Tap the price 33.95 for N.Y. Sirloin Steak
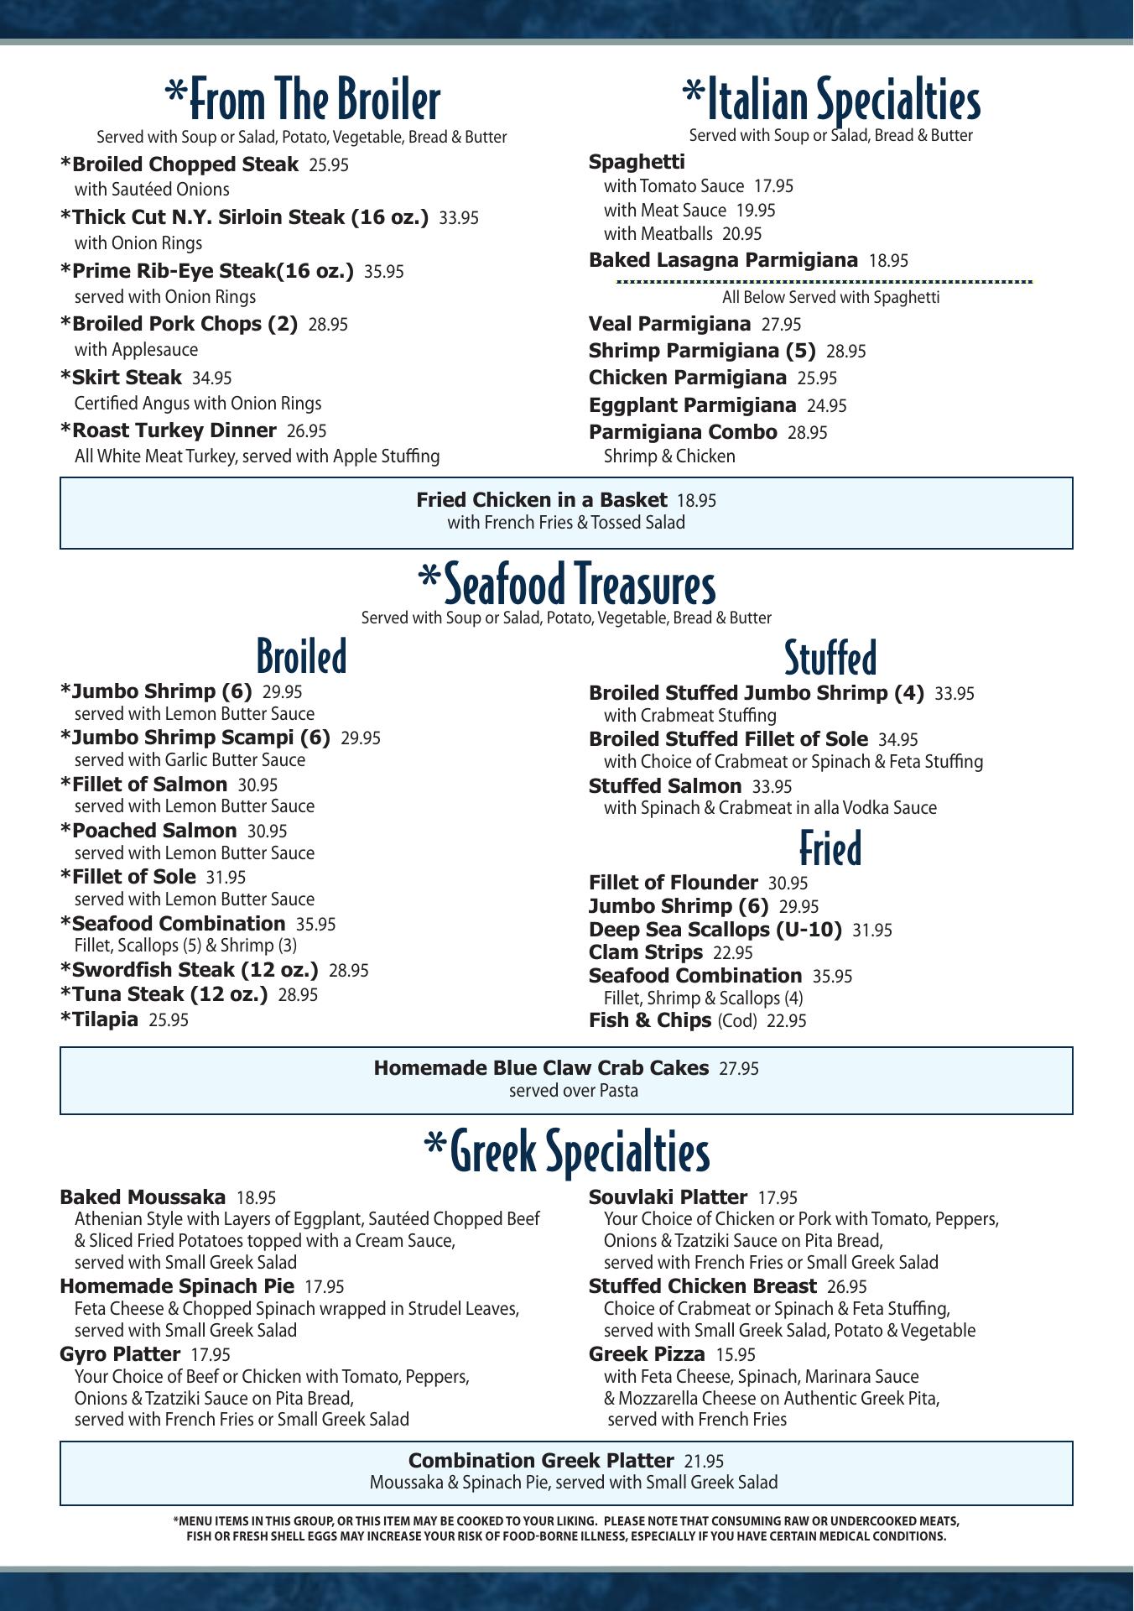(459, 218)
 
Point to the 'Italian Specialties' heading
(830, 100)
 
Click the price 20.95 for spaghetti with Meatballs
(741, 234)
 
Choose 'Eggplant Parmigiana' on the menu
(692, 405)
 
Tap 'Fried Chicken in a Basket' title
(542, 500)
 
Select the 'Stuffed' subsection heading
(830, 657)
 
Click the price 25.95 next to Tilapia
(169, 1020)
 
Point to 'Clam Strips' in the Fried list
(645, 952)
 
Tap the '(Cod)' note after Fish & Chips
(736, 1021)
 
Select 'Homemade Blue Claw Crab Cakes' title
(541, 1068)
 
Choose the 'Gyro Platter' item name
(120, 1354)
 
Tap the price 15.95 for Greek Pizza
(736, 1354)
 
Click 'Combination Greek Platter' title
(541, 1461)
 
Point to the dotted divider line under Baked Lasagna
(824, 282)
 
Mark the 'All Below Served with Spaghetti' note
(830, 298)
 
